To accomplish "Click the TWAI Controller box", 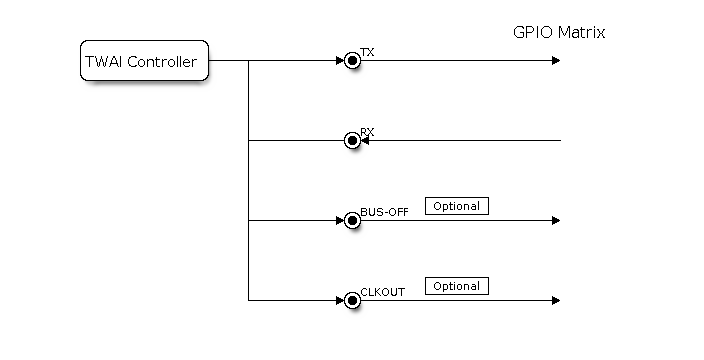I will point(144,61).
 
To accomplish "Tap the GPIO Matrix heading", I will point(559,32).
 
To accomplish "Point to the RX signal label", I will point(366,131).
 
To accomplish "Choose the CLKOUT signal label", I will point(381,291).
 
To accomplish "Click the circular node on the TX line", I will point(352,61).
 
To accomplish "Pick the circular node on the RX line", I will point(352,141).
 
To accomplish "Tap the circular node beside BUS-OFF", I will point(352,221).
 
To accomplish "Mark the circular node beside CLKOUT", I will point(352,300).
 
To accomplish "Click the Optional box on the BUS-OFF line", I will point(457,206).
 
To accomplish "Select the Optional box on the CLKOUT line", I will point(457,286).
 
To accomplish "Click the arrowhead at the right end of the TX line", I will point(556,61).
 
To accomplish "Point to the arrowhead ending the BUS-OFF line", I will point(556,221).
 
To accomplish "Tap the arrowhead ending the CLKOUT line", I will point(556,300).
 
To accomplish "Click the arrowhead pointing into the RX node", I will point(365,141).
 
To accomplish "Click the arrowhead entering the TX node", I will point(339,61).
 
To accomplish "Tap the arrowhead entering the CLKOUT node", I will point(339,300).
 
